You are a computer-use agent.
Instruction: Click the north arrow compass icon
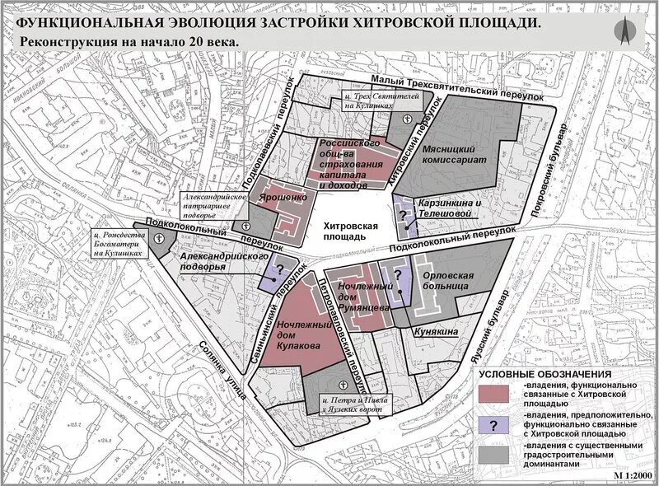tap(625, 30)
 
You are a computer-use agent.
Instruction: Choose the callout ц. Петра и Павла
tap(351, 404)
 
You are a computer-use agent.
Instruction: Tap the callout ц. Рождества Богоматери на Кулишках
tap(125, 243)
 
